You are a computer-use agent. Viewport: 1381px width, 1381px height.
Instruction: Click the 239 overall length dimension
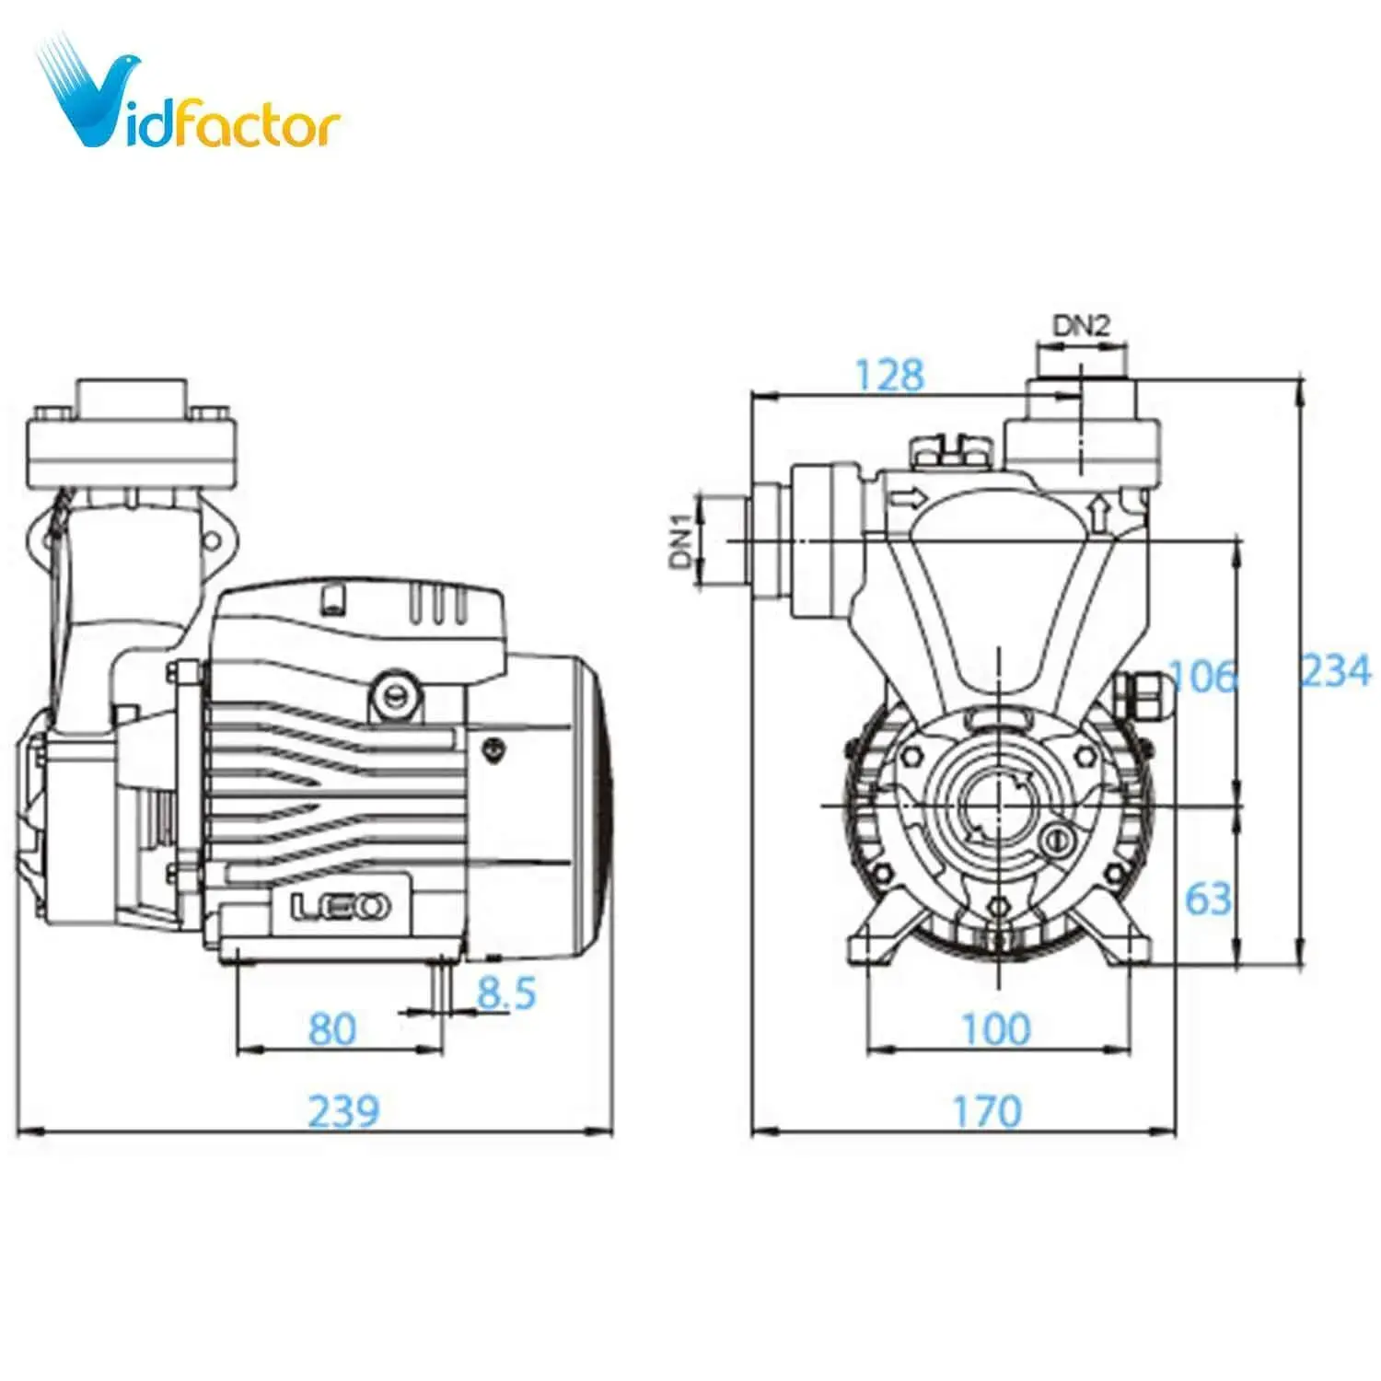click(x=342, y=1110)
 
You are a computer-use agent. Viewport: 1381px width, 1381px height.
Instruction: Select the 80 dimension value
click(x=331, y=1028)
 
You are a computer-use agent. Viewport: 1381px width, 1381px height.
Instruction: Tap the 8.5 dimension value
click(x=505, y=992)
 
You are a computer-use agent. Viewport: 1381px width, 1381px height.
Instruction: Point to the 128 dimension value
click(x=888, y=375)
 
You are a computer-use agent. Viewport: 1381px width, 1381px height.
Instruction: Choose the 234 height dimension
click(x=1335, y=670)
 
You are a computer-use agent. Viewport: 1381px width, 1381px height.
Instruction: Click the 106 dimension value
click(x=1202, y=677)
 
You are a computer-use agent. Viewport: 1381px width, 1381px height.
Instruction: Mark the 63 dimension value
click(x=1208, y=898)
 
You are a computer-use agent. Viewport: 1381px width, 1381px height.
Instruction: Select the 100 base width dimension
click(x=995, y=1028)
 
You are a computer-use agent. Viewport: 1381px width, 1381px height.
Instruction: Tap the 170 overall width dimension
click(x=987, y=1111)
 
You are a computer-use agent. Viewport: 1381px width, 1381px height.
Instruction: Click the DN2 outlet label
click(x=1081, y=325)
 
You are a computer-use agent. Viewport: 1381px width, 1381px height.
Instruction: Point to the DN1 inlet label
click(x=681, y=541)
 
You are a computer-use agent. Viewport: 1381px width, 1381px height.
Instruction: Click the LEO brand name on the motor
click(x=340, y=908)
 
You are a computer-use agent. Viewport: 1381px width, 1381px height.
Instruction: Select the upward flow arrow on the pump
click(x=1098, y=513)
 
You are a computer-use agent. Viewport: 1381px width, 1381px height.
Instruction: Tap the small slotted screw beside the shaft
click(x=1056, y=840)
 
